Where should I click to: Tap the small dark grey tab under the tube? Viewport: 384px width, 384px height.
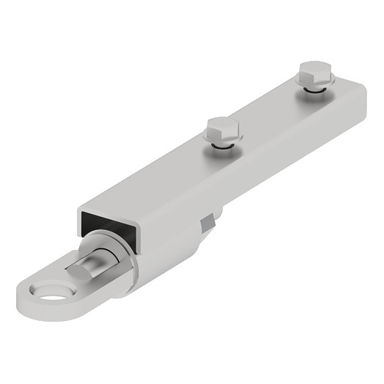click(x=210, y=220)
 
